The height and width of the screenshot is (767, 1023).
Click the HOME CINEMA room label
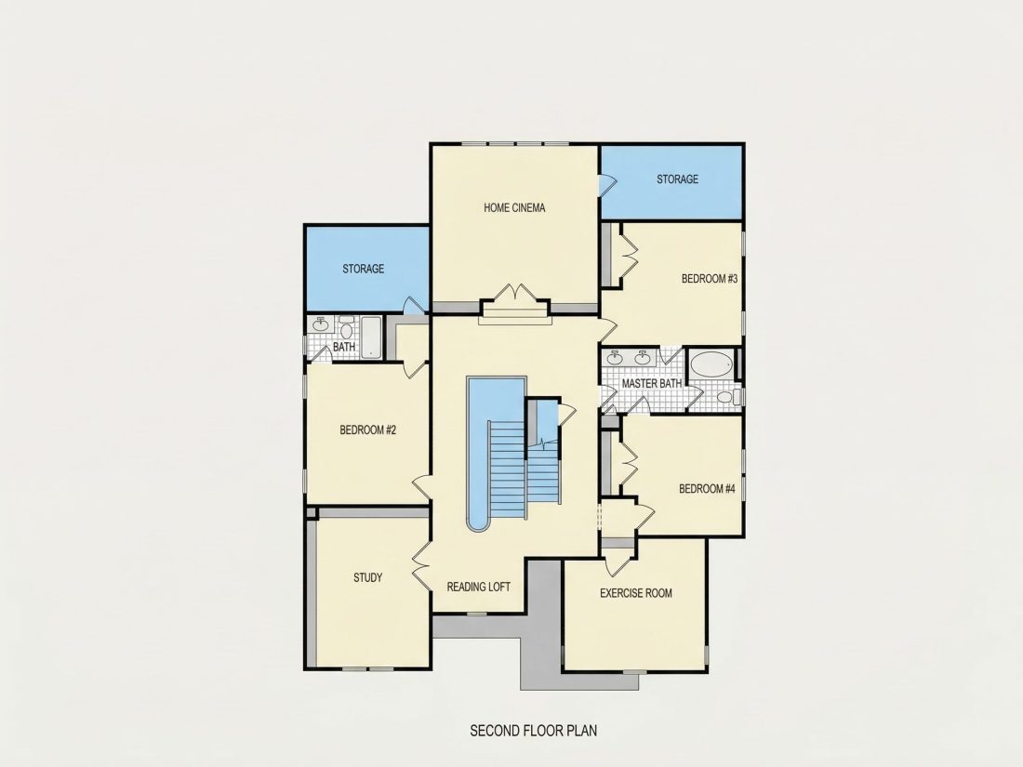pyautogui.click(x=514, y=208)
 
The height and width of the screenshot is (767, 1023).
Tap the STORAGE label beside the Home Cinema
pyautogui.click(x=677, y=179)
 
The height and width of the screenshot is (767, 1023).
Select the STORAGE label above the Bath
pyautogui.click(x=364, y=269)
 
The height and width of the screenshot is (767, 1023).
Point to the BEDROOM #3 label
pyautogui.click(x=710, y=279)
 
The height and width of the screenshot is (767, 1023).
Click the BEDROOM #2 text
pyautogui.click(x=368, y=430)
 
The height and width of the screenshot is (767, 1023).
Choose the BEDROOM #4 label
pyautogui.click(x=707, y=489)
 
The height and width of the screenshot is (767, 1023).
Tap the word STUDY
pyautogui.click(x=368, y=578)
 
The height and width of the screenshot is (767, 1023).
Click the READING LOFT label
pyautogui.click(x=478, y=587)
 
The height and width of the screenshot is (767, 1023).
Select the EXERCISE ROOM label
pyautogui.click(x=636, y=593)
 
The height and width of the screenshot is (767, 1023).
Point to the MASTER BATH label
pyautogui.click(x=652, y=383)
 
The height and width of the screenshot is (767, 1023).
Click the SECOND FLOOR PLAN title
pyautogui.click(x=534, y=731)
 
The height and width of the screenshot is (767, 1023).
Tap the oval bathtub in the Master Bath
pyautogui.click(x=711, y=364)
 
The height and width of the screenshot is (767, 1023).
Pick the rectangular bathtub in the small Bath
pyautogui.click(x=371, y=337)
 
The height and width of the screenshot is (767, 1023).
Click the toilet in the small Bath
pyautogui.click(x=347, y=328)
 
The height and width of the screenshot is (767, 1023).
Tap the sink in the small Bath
pyautogui.click(x=320, y=324)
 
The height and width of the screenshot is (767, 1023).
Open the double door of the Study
pyautogui.click(x=420, y=563)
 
